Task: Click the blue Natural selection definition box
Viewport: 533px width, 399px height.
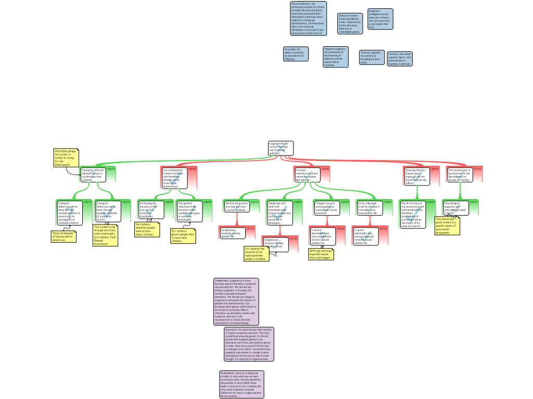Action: (308, 18)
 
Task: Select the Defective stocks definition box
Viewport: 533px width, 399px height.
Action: (350, 24)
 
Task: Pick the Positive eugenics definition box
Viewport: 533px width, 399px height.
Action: (371, 57)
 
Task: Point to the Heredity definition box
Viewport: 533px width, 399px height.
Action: (399, 59)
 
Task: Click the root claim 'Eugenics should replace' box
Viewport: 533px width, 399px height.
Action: (281, 148)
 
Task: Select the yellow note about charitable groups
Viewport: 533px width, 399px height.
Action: (66, 158)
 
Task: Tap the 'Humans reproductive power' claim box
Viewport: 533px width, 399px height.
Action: (307, 175)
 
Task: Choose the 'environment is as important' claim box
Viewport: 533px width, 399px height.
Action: (460, 175)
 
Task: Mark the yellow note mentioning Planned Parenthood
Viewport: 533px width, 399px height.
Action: (105, 235)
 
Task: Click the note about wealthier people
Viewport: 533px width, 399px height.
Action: (147, 230)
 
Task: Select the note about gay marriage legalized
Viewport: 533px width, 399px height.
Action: (321, 254)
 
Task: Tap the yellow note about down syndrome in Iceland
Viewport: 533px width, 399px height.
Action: (256, 254)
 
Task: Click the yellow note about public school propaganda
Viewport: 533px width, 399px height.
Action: (447, 226)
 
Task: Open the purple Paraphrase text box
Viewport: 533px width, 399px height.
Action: (236, 301)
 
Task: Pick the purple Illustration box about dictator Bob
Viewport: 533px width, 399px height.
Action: (248, 344)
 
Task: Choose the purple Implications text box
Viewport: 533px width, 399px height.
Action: (242, 384)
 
